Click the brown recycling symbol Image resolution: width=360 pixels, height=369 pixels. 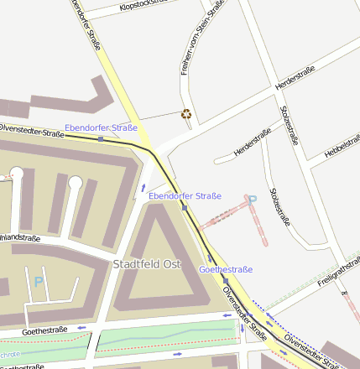click(186, 115)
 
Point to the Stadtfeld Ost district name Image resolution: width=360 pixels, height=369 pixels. click(147, 263)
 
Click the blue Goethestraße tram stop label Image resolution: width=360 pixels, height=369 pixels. click(225, 269)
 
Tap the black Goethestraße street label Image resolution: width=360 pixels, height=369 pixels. click(44, 330)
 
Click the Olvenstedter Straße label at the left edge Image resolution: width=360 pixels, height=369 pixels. click(30, 131)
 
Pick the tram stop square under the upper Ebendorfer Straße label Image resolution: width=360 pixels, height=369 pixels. click(101, 138)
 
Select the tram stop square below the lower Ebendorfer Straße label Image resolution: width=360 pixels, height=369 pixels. click(183, 206)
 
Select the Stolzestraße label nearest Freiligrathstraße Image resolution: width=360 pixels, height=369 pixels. click(279, 207)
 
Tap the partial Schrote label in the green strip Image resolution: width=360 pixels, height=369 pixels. click(10, 355)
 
